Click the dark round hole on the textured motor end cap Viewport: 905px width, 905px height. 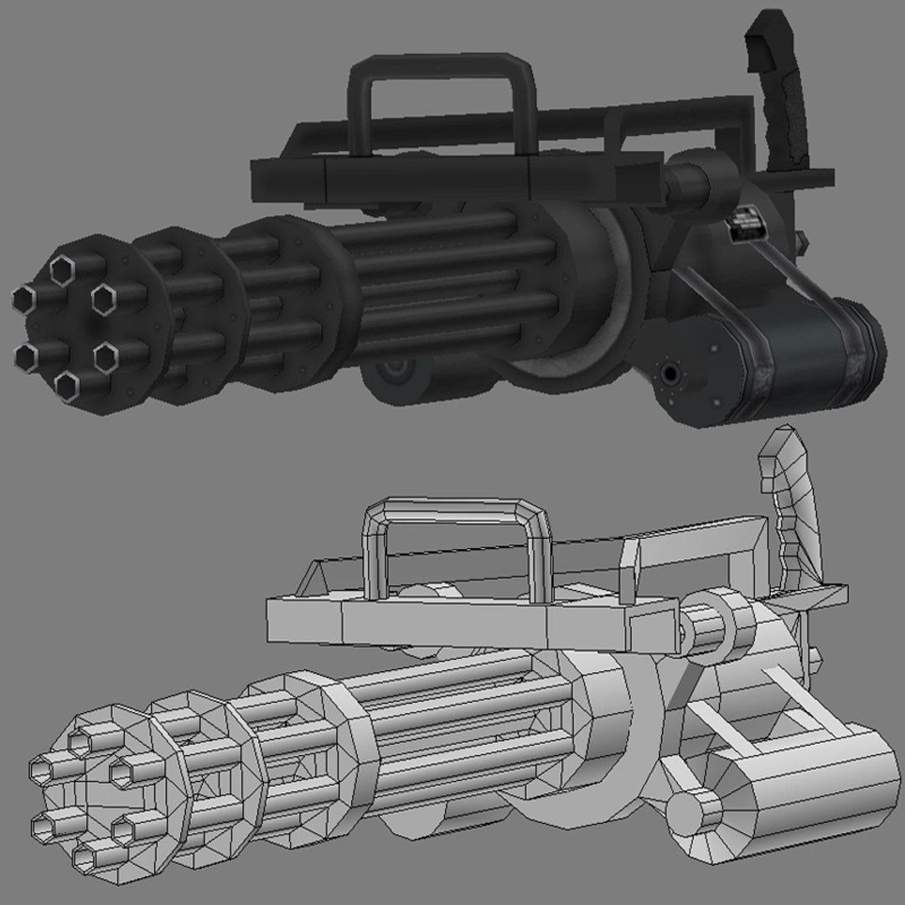click(x=670, y=371)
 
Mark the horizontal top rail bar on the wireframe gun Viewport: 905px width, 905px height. click(x=444, y=620)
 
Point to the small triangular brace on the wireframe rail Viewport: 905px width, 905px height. click(x=314, y=578)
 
